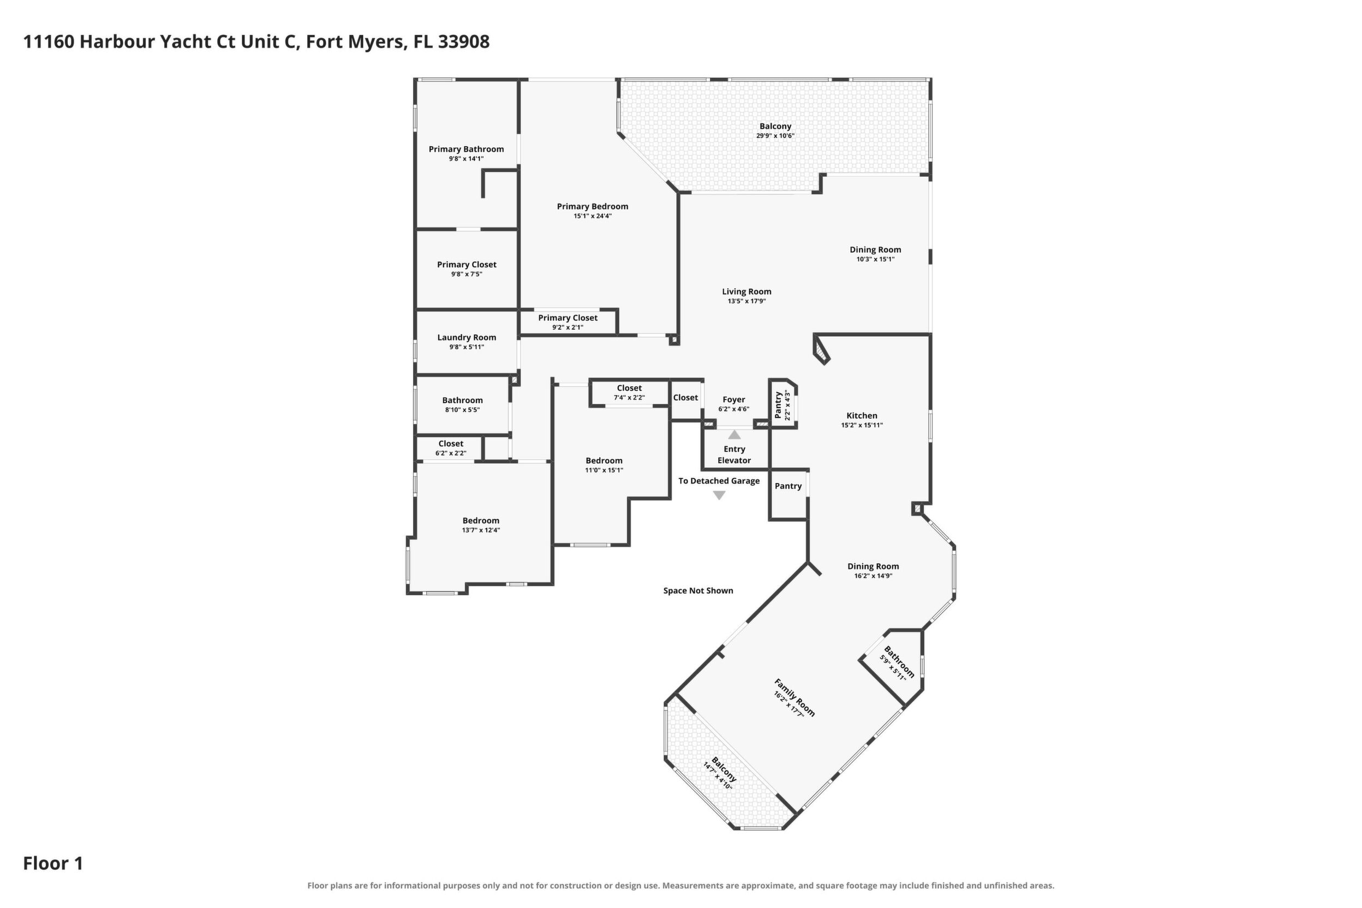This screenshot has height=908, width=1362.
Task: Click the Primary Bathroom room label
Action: [x=466, y=150]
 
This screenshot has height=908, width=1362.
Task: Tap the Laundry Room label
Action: [x=467, y=338]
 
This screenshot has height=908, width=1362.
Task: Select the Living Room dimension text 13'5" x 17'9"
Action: [x=746, y=301]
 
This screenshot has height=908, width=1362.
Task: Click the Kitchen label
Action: [x=862, y=415]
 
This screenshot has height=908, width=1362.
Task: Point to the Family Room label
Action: [x=794, y=697]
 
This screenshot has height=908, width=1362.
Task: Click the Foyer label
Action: [x=734, y=399]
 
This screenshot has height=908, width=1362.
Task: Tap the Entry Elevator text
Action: [x=734, y=455]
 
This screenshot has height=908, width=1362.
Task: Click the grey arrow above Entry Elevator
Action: [x=734, y=434]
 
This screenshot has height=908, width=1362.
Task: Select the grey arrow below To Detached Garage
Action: [x=719, y=495]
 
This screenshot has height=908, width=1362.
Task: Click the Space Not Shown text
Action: [x=698, y=590]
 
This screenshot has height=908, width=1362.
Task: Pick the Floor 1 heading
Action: [x=53, y=863]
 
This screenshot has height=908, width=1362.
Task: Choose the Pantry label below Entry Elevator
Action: [x=788, y=486]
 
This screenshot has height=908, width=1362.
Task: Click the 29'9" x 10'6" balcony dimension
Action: [x=775, y=136]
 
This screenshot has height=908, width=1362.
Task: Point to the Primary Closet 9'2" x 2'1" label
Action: [x=567, y=322]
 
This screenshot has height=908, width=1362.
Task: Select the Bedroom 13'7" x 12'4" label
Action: [x=481, y=524]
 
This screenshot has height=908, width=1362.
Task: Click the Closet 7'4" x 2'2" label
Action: [x=630, y=393]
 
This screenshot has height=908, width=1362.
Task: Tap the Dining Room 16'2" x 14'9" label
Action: [x=873, y=571]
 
